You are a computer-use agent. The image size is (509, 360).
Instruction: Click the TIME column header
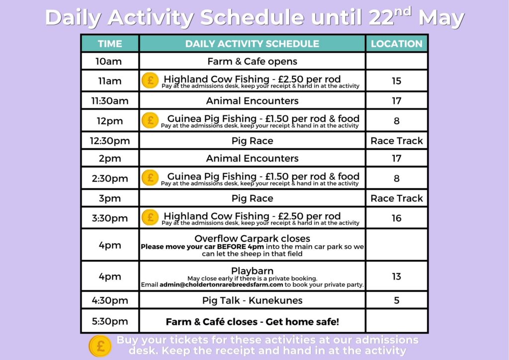tap(110, 44)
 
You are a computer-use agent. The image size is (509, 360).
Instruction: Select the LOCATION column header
tap(396, 44)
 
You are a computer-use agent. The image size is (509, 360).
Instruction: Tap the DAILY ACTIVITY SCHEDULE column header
tap(252, 44)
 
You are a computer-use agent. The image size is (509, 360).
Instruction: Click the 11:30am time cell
tap(110, 101)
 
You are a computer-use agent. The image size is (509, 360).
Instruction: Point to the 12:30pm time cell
tap(110, 141)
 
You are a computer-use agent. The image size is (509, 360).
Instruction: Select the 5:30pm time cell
tap(110, 321)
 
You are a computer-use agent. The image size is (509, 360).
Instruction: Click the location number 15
tap(396, 81)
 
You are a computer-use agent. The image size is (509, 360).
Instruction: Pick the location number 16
tap(396, 218)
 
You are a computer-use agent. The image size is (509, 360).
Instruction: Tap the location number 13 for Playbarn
tap(396, 276)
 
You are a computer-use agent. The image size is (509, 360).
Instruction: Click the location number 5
tap(396, 300)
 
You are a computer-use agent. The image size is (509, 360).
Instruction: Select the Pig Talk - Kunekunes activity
tap(252, 300)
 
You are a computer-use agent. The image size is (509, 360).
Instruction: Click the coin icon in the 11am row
tap(150, 81)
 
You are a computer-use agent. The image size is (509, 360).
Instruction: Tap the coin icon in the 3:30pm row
tap(150, 218)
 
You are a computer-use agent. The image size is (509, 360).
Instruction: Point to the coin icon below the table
tap(100, 346)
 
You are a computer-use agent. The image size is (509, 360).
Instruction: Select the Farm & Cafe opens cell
tap(252, 62)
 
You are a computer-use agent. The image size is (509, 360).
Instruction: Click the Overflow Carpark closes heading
tap(252, 239)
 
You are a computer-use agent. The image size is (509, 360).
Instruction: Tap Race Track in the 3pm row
tap(396, 198)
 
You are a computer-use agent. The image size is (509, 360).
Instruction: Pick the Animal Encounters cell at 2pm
tap(252, 159)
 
